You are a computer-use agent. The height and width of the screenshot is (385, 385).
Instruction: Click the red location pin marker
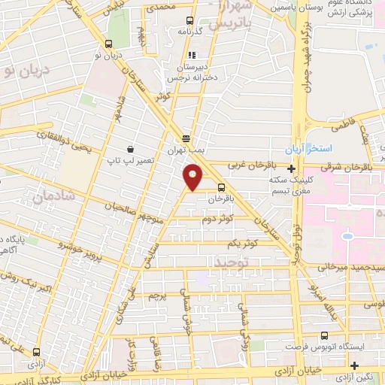tap(193, 178)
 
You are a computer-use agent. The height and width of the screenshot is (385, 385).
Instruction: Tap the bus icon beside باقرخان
tap(221, 188)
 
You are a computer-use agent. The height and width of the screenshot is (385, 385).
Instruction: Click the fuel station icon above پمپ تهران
tap(186, 138)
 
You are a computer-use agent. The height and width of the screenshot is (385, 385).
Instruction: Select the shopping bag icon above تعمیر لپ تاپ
tap(131, 149)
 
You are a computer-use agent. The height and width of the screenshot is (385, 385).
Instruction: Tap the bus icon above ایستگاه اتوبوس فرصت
tap(324, 336)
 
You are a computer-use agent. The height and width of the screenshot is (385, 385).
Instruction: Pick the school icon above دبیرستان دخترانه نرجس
tap(192, 55)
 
